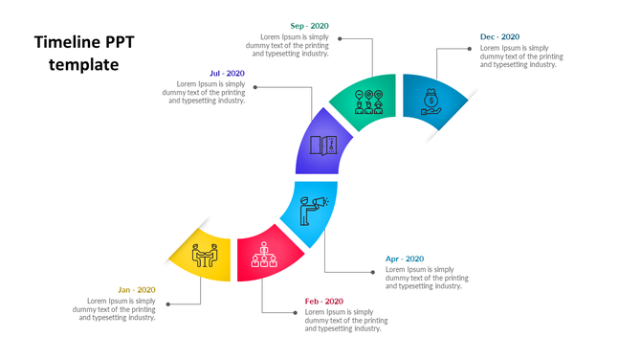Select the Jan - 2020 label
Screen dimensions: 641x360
pos(136,290)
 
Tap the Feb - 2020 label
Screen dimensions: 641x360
pos(324,302)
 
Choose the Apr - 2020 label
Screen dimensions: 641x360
pos(405,259)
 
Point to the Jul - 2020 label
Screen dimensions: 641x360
pos(227,73)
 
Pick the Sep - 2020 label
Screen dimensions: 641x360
pos(309,26)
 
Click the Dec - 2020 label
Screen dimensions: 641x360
pos(499,37)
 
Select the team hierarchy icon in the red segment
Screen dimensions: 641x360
pos(264,255)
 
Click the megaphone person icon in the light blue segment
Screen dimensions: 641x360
pos(312,210)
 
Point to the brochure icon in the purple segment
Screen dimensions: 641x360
pos(323,146)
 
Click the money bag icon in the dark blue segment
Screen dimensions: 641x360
pos(431,101)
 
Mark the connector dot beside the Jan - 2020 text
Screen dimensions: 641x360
pos(167,304)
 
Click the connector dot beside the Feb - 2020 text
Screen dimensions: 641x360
pos(294,312)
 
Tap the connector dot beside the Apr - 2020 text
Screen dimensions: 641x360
pos(374,273)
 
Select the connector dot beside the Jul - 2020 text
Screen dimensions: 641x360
pos(254,87)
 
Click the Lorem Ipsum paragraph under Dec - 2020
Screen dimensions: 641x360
pos(521,56)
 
